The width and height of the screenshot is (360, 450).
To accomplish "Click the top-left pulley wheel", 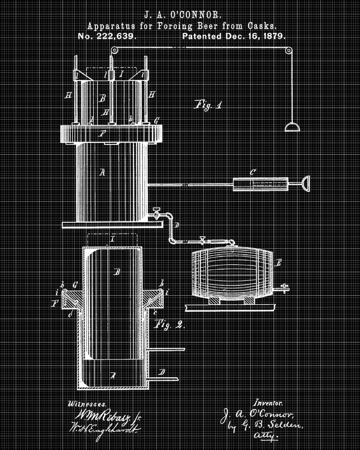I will tap(114, 50).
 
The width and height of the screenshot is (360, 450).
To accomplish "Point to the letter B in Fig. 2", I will tap(117, 271).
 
